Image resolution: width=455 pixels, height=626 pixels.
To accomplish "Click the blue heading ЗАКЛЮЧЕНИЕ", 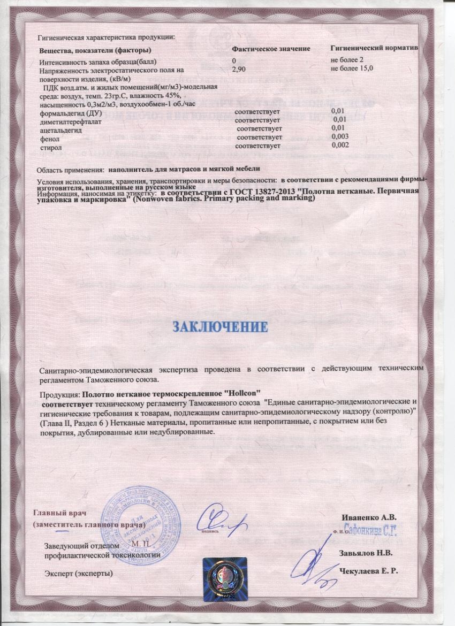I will click(219, 326).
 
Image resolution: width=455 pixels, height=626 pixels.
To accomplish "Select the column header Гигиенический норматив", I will click(374, 49).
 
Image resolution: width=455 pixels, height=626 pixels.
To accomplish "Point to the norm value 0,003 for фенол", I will click(340, 138).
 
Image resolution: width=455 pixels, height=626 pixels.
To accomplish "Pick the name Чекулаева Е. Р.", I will click(369, 572).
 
